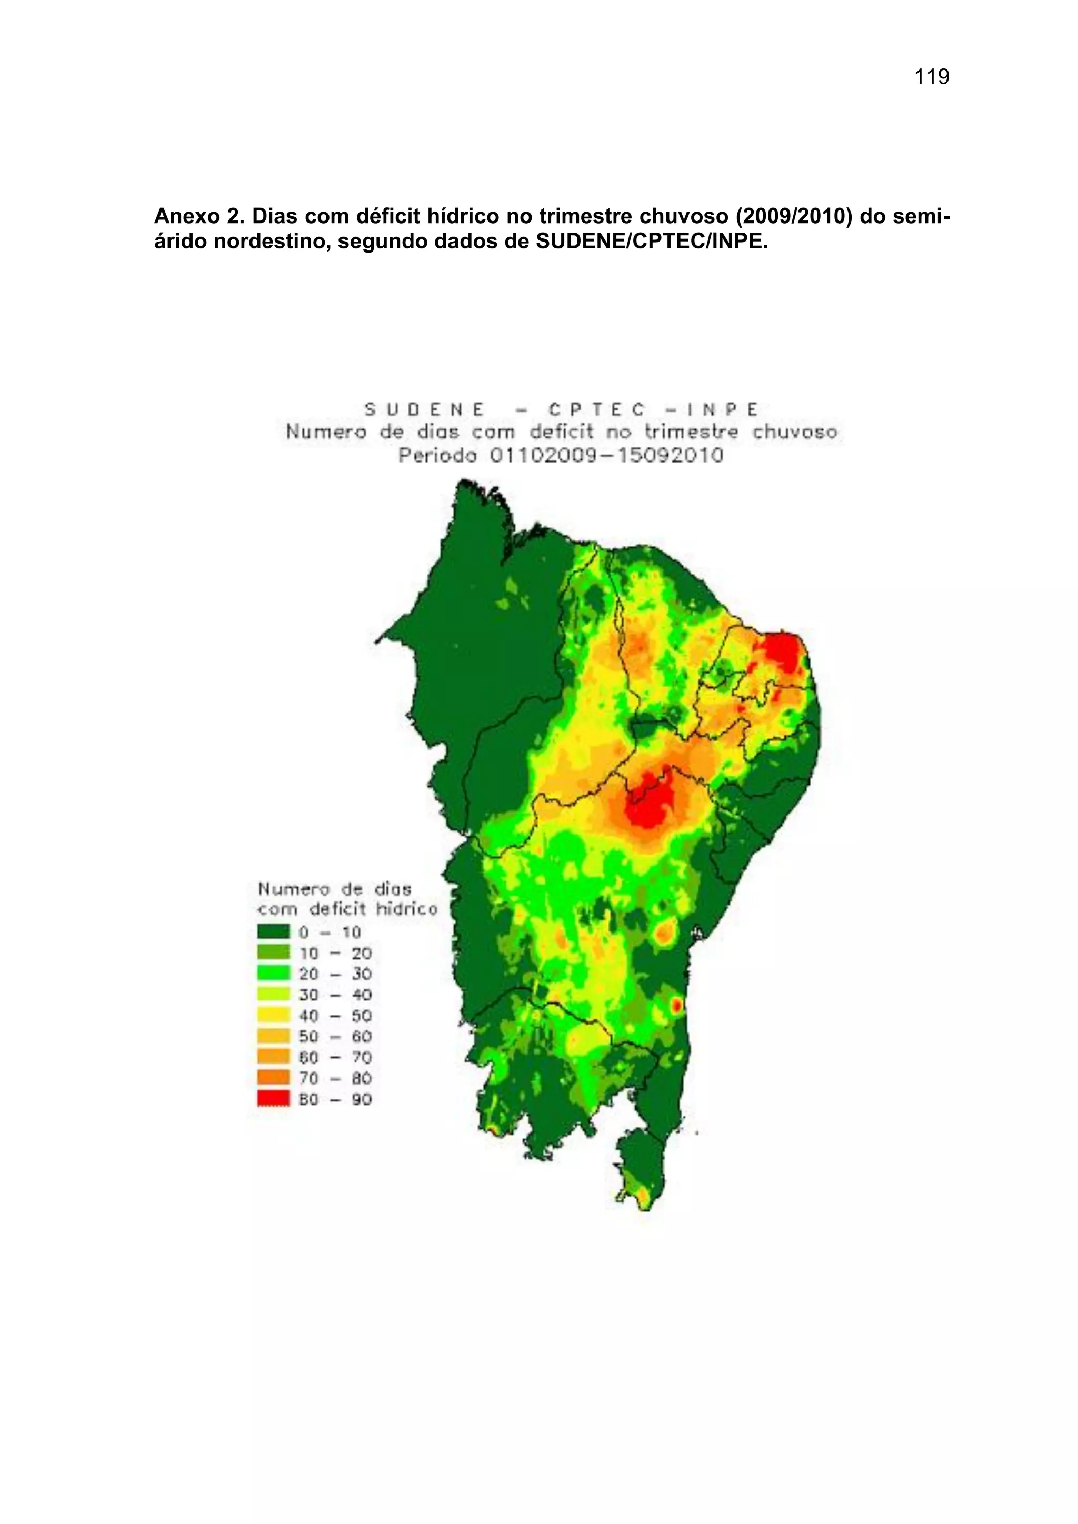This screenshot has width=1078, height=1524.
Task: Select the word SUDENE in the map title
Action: pyautogui.click(x=424, y=409)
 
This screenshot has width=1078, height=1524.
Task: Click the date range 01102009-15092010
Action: pyautogui.click(x=606, y=456)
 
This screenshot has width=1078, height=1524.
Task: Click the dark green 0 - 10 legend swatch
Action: pyautogui.click(x=274, y=932)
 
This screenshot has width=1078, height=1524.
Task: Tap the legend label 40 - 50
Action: pyautogui.click(x=335, y=1016)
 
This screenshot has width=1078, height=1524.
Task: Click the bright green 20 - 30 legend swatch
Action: pyautogui.click(x=274, y=974)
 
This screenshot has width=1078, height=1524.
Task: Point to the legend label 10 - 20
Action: pyautogui.click(x=335, y=953)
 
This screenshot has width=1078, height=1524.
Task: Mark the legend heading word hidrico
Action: pyautogui.click(x=406, y=909)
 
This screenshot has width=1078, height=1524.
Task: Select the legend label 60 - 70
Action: pyautogui.click(x=335, y=1057)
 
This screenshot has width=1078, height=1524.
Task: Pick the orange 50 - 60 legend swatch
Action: pyautogui.click(x=274, y=1036)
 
